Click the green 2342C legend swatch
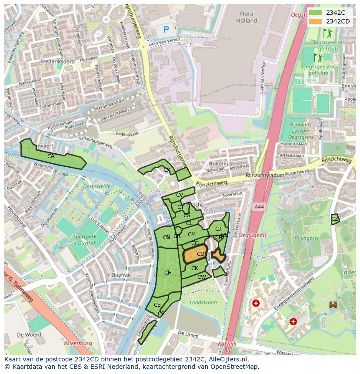pos(315,13)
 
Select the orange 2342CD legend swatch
pos(315,21)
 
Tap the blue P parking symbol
pos(166,30)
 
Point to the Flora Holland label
pos(247,17)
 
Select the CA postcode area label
pos(51,156)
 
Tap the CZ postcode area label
pos(334,219)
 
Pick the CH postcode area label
pos(168,273)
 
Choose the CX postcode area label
pos(167,170)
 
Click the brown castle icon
pos(333,304)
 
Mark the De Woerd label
pos(30,335)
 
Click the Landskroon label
pos(203,302)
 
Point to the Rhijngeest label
pos(307,238)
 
